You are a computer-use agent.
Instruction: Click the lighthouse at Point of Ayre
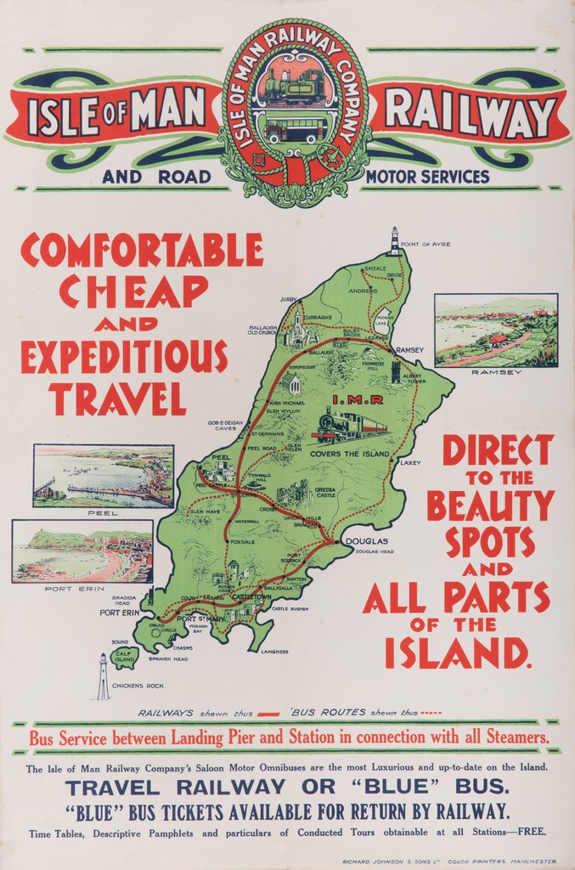coord(394,241)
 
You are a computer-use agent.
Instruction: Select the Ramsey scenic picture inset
coord(496,330)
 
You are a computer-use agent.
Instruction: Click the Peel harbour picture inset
coord(104,476)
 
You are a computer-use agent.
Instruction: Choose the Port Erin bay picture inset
coord(82,551)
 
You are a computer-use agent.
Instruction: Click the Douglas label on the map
coord(366,541)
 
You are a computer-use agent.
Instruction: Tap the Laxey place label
coord(410,463)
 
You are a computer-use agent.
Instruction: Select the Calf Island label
coord(124,656)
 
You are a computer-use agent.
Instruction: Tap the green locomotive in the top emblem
coord(294,87)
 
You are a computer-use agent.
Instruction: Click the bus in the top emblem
coord(296,130)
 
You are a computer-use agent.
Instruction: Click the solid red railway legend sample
coord(268,714)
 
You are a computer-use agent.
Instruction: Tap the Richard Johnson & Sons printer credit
coord(449,862)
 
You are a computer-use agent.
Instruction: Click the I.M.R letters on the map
coord(358,399)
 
